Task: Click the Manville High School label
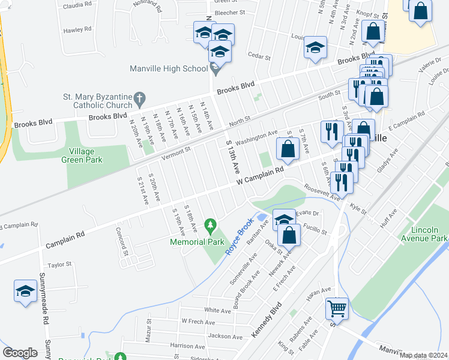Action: (x=169, y=68)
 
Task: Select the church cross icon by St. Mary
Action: (x=139, y=97)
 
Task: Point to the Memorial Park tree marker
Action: (x=210, y=226)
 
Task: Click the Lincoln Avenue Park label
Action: (x=429, y=234)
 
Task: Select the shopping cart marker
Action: (x=337, y=308)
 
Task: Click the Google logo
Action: (x=20, y=353)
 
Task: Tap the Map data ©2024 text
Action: (x=423, y=355)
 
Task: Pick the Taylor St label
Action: (x=59, y=264)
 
